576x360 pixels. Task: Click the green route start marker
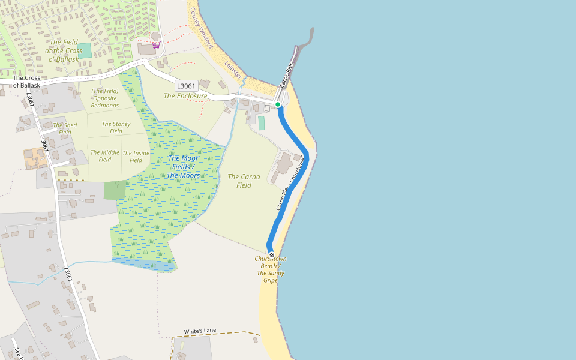[278, 104]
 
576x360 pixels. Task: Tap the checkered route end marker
[271, 255]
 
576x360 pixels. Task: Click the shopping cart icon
[156, 45]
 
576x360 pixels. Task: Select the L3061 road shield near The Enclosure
[186, 86]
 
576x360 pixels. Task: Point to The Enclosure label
[185, 96]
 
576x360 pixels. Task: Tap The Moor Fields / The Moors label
[183, 167]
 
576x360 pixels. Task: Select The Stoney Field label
[116, 127]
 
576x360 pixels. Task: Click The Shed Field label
[65, 128]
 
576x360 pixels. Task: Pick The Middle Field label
[105, 156]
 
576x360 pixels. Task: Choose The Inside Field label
[136, 156]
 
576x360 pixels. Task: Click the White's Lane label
[200, 331]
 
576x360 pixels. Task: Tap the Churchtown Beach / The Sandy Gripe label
[270, 269]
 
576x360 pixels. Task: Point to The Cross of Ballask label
[26, 82]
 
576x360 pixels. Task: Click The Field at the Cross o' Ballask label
[64, 50]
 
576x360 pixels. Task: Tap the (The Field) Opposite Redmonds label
[105, 98]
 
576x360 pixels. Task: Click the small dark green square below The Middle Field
[115, 190]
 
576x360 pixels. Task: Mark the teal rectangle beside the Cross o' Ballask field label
[85, 50]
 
